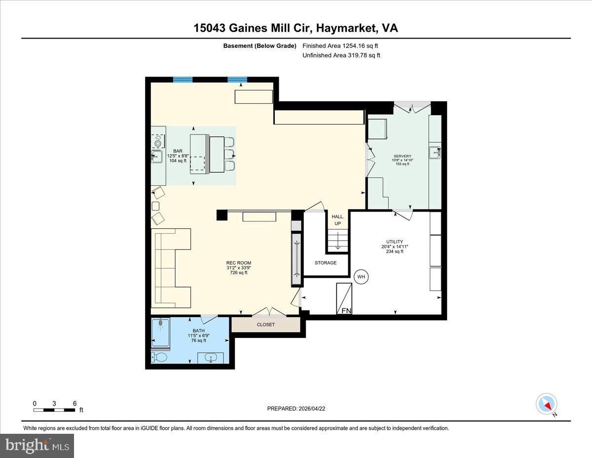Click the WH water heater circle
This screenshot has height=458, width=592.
click(361, 277)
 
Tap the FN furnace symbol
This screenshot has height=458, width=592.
click(344, 298)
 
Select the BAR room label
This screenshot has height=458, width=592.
click(178, 151)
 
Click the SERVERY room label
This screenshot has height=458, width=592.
click(402, 156)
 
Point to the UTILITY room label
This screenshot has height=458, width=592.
click(394, 242)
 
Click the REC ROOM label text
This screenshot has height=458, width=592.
click(238, 263)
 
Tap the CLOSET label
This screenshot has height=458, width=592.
click(265, 325)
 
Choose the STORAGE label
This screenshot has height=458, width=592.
click(326, 263)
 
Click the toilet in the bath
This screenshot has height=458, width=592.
click(160, 357)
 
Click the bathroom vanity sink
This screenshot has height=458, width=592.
click(211, 358)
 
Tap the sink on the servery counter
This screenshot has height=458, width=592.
click(434, 152)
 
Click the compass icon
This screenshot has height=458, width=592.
click(547, 404)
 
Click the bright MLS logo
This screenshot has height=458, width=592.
click(37, 446)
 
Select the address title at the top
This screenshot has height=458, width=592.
click(296, 28)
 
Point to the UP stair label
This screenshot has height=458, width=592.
click(337, 223)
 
